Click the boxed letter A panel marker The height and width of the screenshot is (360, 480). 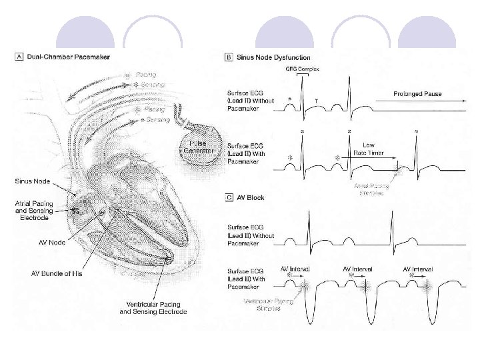[19, 58]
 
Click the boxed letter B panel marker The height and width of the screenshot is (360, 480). [229, 58]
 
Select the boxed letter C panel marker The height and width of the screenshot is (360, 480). [229, 198]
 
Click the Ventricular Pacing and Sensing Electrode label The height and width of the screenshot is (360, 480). [153, 308]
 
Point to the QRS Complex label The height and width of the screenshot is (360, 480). [303, 69]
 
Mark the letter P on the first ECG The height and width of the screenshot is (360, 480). [289, 100]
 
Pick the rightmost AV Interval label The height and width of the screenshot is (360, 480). [418, 269]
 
